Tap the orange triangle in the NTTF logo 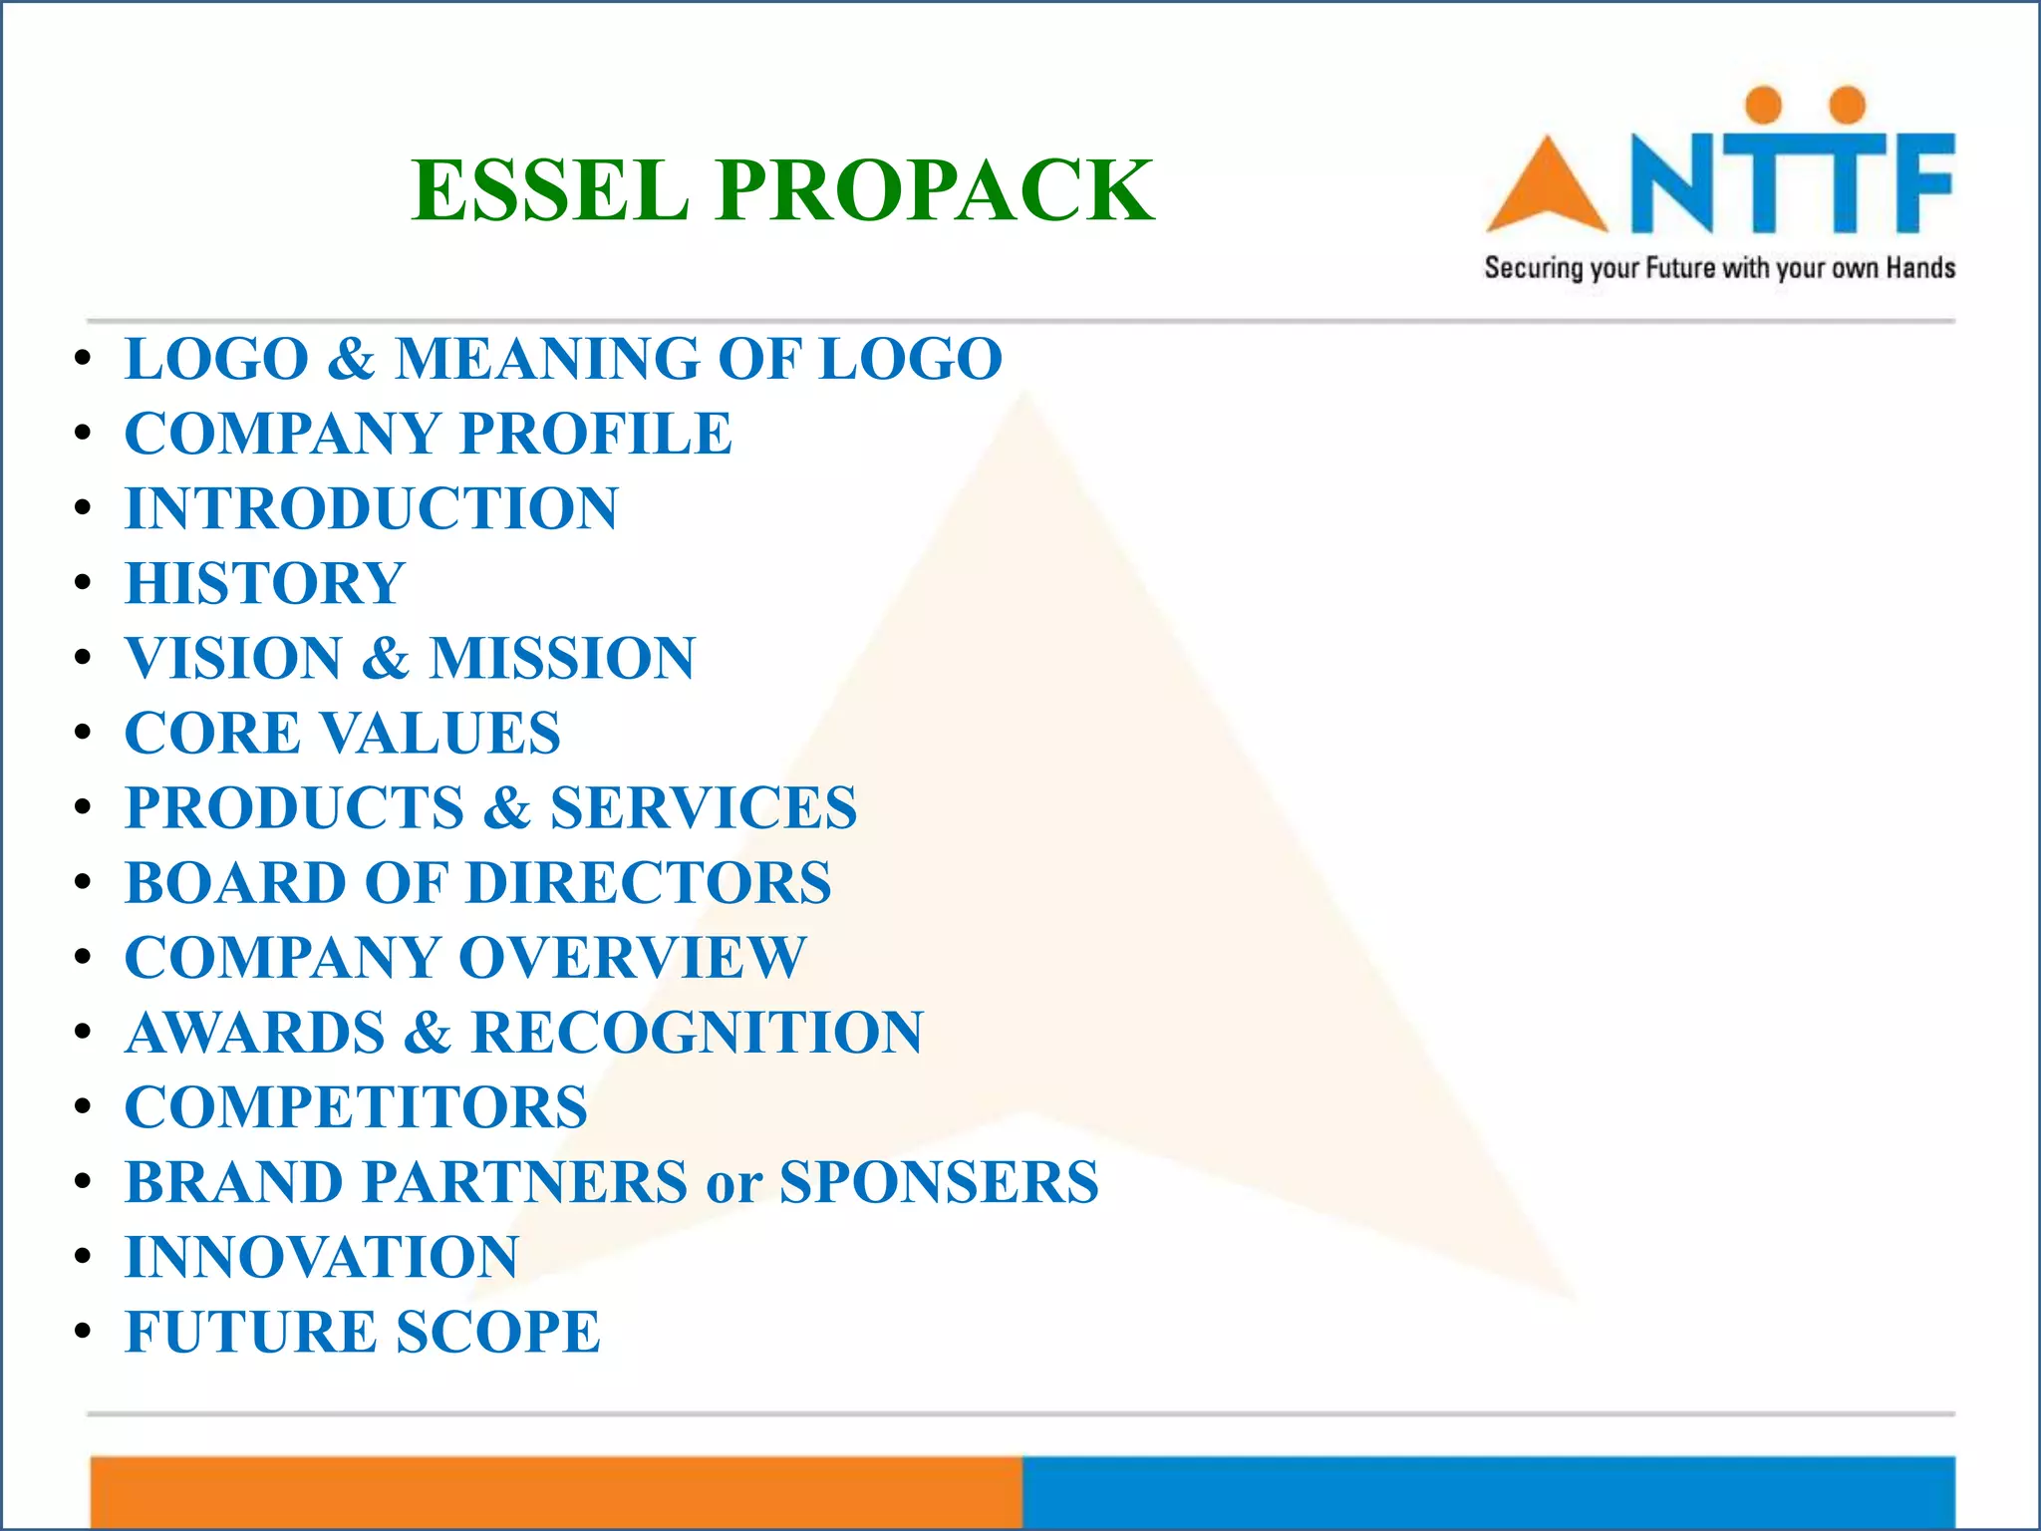click(x=1546, y=189)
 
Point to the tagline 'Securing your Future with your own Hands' click(x=1719, y=268)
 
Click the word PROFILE click(x=596, y=434)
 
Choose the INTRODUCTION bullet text click(x=372, y=508)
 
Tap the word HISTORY click(x=265, y=583)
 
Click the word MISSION click(x=562, y=658)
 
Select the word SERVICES click(x=703, y=807)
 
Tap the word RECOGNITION click(x=697, y=1032)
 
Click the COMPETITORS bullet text click(x=357, y=1106)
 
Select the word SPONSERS click(x=939, y=1182)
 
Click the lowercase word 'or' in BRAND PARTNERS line click(x=733, y=1184)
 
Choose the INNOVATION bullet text click(x=322, y=1257)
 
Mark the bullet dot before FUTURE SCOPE click(x=84, y=1332)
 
